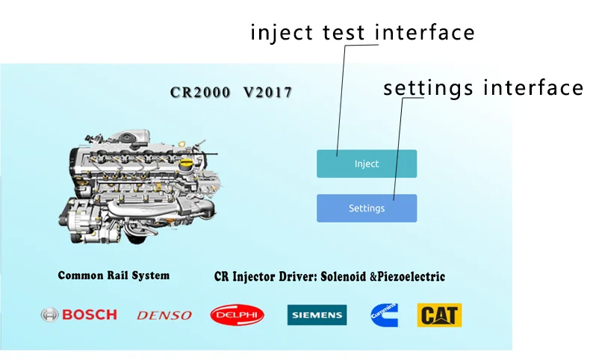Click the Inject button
[366, 164]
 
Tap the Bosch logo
[79, 314]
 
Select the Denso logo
[164, 315]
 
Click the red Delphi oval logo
[237, 315]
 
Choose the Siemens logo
[317, 315]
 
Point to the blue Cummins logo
[384, 315]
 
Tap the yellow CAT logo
[439, 315]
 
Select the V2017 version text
[267, 93]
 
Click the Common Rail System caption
[114, 275]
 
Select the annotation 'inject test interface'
[362, 33]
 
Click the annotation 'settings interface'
[482, 88]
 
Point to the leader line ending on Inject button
[341, 97]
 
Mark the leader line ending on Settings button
[398, 149]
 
